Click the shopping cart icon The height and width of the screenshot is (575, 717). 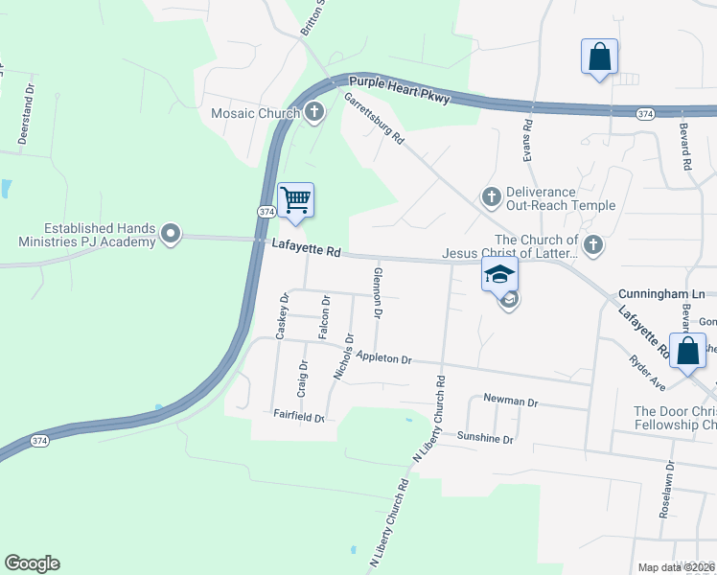(x=295, y=200)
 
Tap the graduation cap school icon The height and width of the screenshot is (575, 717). (x=498, y=274)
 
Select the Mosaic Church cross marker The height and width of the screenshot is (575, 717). (x=313, y=114)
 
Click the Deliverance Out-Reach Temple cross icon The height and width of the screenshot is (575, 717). (x=491, y=197)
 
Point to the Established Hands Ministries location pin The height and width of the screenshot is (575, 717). (x=172, y=234)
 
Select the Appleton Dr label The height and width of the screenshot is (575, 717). (x=382, y=358)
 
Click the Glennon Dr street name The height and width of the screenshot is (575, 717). (x=378, y=293)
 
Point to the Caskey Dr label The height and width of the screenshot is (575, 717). (x=282, y=316)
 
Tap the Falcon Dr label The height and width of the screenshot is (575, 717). (x=325, y=317)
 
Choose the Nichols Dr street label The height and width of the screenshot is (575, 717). (x=343, y=356)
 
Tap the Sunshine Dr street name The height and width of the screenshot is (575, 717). (x=485, y=438)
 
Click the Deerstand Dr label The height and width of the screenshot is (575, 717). (x=25, y=117)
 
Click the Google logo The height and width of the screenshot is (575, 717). (x=32, y=563)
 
